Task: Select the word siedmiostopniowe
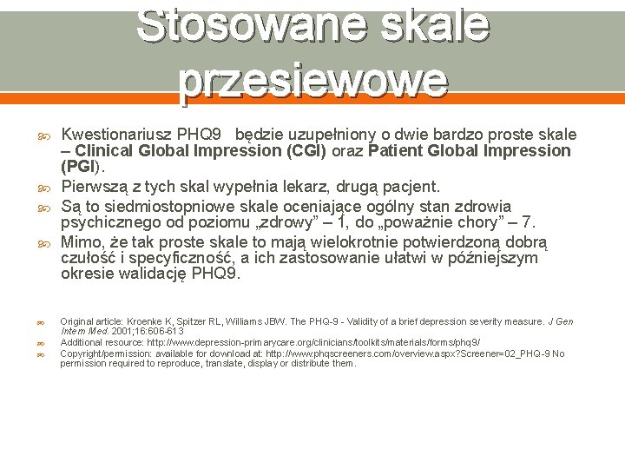156,206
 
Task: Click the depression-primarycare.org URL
313,342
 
